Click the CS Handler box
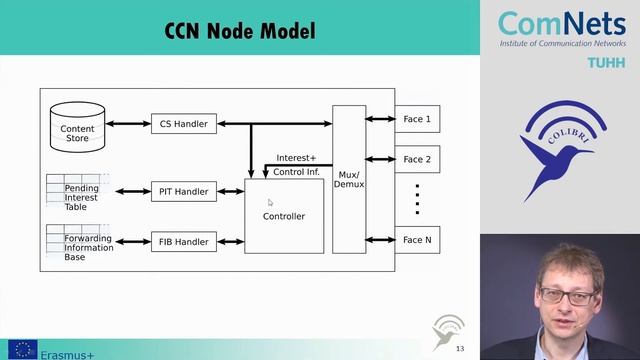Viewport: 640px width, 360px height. [x=184, y=124]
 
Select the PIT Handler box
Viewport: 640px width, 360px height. [x=184, y=191]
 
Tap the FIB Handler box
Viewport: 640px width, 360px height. [x=184, y=241]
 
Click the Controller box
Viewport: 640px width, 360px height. [x=284, y=216]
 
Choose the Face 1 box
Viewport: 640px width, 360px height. [x=417, y=119]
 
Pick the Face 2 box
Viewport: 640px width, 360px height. [x=417, y=159]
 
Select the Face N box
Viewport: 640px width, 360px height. [x=417, y=240]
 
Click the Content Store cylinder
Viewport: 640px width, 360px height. [x=77, y=125]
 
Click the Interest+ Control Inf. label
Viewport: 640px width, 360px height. [x=296, y=165]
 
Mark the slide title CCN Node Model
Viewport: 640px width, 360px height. [x=240, y=31]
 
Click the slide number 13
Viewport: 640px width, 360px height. [x=460, y=349]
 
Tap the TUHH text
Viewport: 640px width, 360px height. [x=606, y=62]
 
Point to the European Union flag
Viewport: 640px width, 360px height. [x=22, y=350]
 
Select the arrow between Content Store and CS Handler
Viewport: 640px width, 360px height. [x=128, y=124]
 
